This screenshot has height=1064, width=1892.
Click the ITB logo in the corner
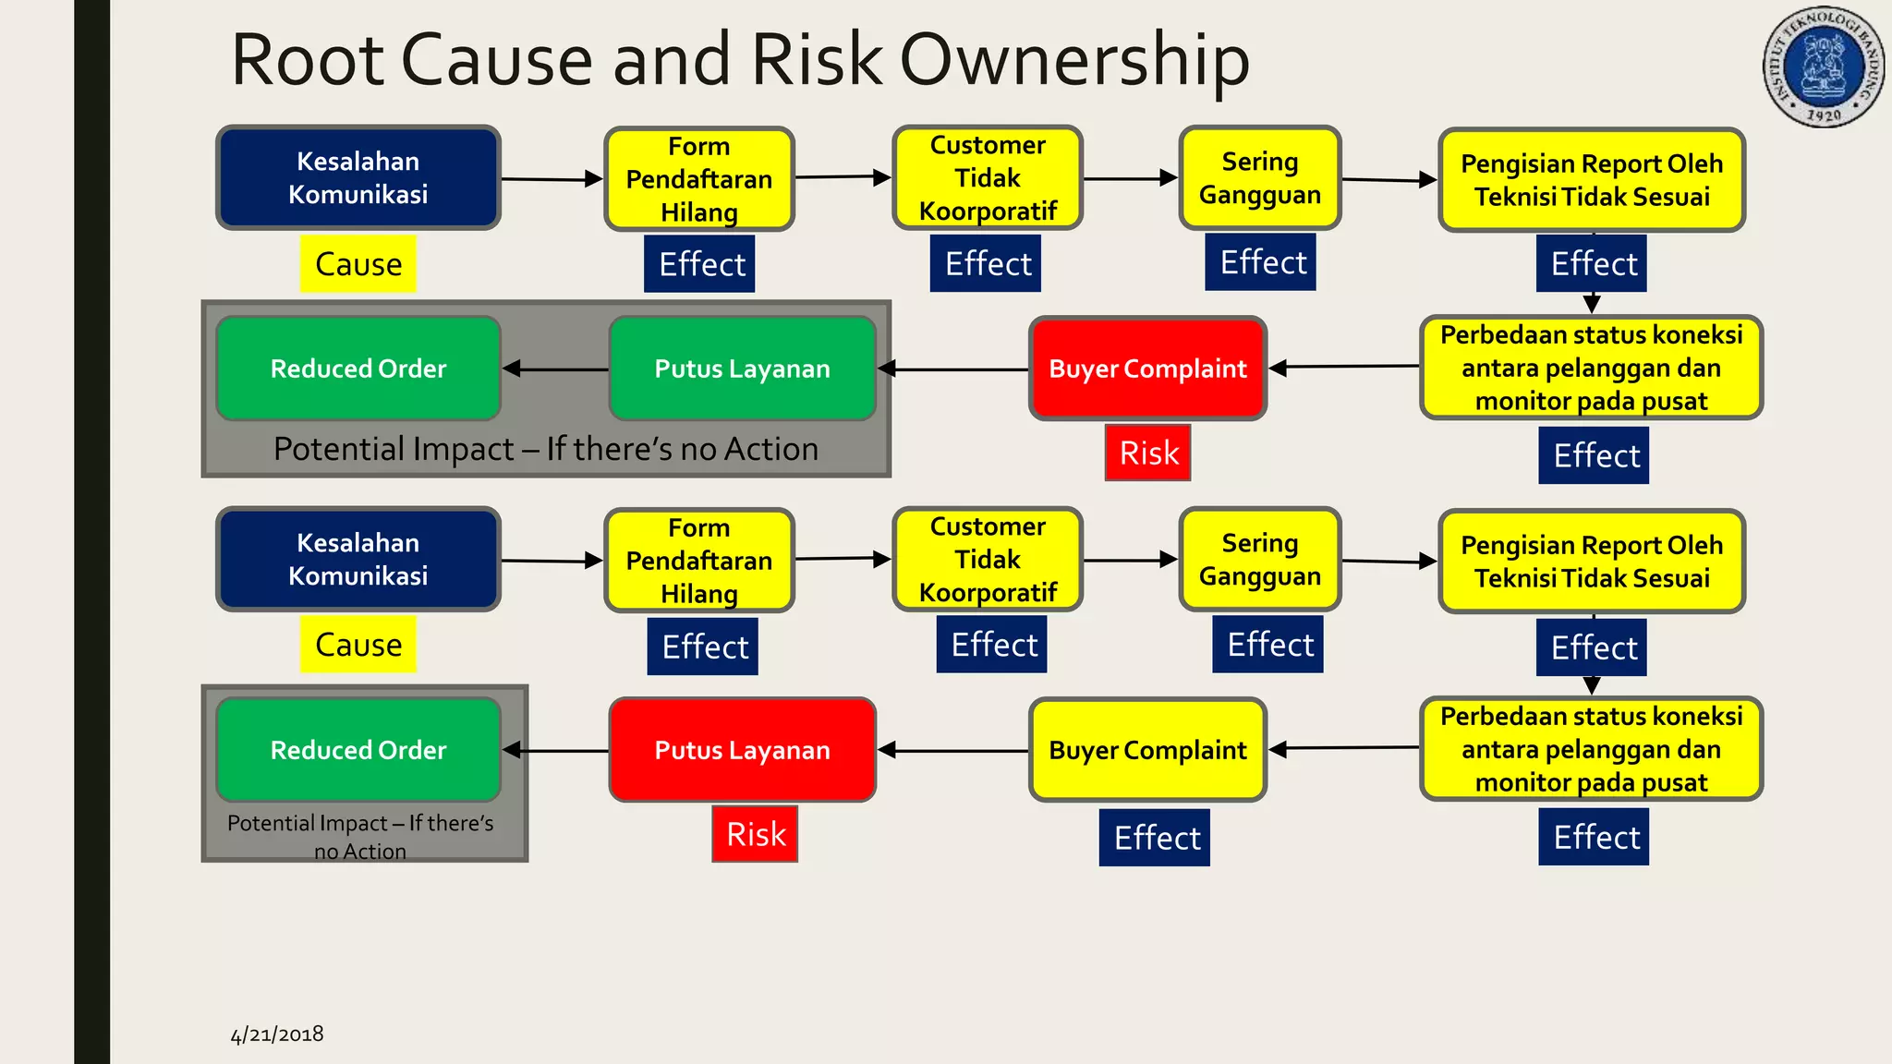point(1824,67)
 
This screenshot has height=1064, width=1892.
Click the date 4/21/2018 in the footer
point(277,1034)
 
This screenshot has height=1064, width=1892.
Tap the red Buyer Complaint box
point(1147,369)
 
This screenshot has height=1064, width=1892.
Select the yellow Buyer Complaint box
point(1147,750)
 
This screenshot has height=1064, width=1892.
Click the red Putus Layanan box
point(742,750)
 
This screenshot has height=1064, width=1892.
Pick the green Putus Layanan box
point(742,369)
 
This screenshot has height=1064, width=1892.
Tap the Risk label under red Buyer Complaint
point(1148,453)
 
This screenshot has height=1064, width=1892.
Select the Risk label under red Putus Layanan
point(755,834)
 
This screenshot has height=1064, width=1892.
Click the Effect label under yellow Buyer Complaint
point(1155,838)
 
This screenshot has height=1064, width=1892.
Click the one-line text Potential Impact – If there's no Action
point(546,449)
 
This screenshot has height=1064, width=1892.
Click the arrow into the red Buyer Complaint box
point(1344,368)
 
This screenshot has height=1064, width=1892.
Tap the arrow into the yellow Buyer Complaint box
point(1344,748)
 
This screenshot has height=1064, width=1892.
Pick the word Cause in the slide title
point(497,61)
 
